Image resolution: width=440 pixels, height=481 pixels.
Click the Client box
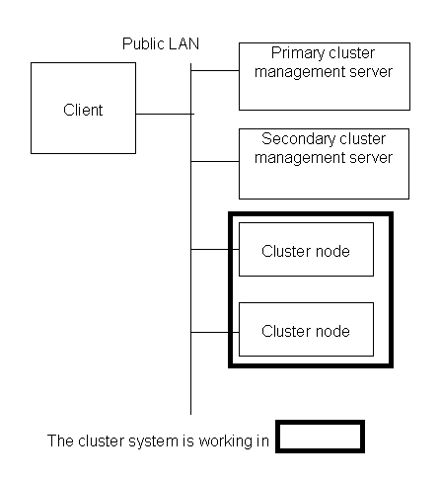[x=83, y=108]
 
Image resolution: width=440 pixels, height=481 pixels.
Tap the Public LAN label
[x=161, y=44]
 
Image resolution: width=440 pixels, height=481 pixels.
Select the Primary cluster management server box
[x=325, y=76]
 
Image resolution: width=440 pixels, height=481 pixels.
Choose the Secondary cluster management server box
[x=324, y=164]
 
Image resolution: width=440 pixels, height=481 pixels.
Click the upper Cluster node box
[x=306, y=249]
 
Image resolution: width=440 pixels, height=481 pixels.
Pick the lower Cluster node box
[x=306, y=329]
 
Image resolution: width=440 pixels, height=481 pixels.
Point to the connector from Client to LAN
[x=165, y=114]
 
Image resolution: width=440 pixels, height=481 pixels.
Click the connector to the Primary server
[x=215, y=70]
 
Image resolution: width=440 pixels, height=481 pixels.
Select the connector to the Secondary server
[x=215, y=161]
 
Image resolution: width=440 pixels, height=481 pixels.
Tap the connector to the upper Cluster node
[x=215, y=250]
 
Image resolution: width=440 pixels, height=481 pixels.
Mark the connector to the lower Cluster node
[x=215, y=333]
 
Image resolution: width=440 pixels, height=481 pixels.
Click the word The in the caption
[x=60, y=441]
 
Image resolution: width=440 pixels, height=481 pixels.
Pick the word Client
[x=83, y=110]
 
